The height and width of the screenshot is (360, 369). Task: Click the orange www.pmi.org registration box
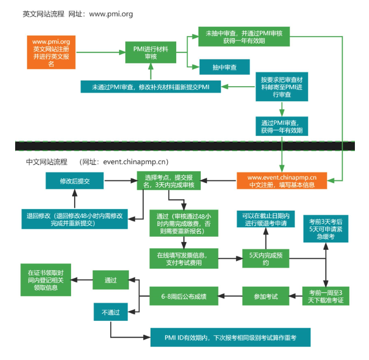point(51,52)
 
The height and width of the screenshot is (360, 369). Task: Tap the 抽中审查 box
point(224,67)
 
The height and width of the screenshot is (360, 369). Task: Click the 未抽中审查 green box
point(244,37)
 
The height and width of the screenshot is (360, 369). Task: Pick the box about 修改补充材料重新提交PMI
point(151,86)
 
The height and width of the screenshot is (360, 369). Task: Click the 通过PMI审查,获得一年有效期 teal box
point(282,126)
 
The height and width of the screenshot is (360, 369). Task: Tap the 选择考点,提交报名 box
point(168,180)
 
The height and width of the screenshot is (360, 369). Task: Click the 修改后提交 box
point(75,180)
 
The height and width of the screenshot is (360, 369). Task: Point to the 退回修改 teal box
point(75,219)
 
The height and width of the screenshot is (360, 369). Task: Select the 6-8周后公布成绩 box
point(183,297)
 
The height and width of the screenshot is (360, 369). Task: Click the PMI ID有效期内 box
point(230,338)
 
